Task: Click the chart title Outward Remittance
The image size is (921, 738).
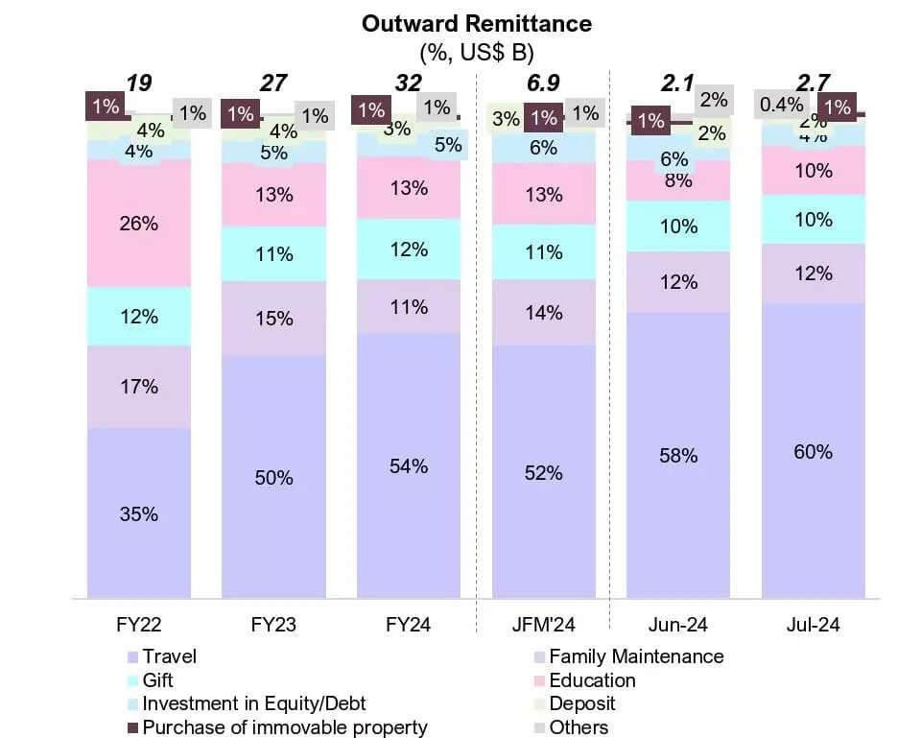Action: pyautogui.click(x=476, y=24)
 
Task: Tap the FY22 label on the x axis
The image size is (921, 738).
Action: pyautogui.click(x=138, y=625)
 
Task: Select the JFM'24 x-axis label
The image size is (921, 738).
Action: pyautogui.click(x=543, y=625)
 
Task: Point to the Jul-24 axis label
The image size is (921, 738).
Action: pyautogui.click(x=813, y=625)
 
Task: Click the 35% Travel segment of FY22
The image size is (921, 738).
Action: pyautogui.click(x=138, y=513)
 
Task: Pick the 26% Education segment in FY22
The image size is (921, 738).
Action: pyautogui.click(x=138, y=224)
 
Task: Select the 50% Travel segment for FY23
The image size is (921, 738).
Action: pyautogui.click(x=273, y=477)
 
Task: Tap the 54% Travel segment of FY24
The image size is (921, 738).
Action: pyautogui.click(x=409, y=466)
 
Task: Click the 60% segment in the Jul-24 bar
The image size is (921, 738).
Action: pyautogui.click(x=813, y=451)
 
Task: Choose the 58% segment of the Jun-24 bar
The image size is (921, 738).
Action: pyautogui.click(x=678, y=456)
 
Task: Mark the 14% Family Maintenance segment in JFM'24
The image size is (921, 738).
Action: pyautogui.click(x=543, y=312)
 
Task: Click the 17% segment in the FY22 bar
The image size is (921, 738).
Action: pyautogui.click(x=138, y=387)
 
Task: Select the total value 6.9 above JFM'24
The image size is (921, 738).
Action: pyautogui.click(x=543, y=83)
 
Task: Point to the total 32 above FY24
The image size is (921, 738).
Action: pyautogui.click(x=409, y=83)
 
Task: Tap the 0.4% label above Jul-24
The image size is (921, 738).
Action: pyautogui.click(x=782, y=103)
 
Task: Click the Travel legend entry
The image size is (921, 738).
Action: pyautogui.click(x=169, y=656)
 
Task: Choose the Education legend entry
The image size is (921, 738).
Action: pyautogui.click(x=592, y=680)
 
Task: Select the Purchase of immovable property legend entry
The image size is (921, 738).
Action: pyautogui.click(x=285, y=727)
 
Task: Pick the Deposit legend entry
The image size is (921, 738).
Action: pyautogui.click(x=582, y=703)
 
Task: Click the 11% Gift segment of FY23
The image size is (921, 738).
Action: pyautogui.click(x=273, y=254)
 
